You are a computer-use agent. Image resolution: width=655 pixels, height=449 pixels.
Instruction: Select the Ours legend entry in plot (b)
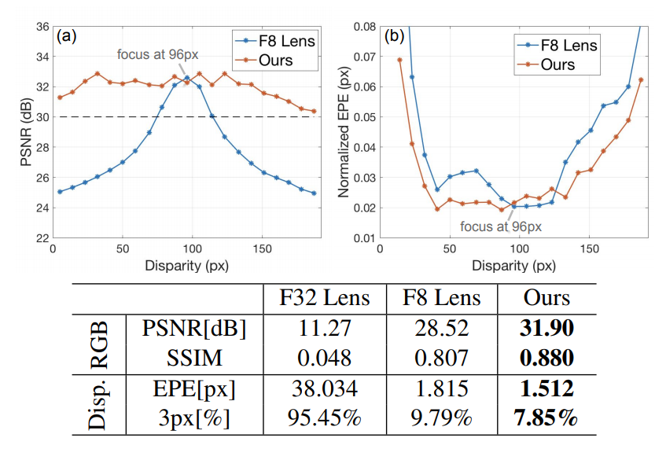point(557,64)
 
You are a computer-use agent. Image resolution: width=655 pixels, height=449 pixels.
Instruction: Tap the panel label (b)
point(392,36)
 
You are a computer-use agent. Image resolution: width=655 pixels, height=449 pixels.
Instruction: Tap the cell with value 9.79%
point(441,419)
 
